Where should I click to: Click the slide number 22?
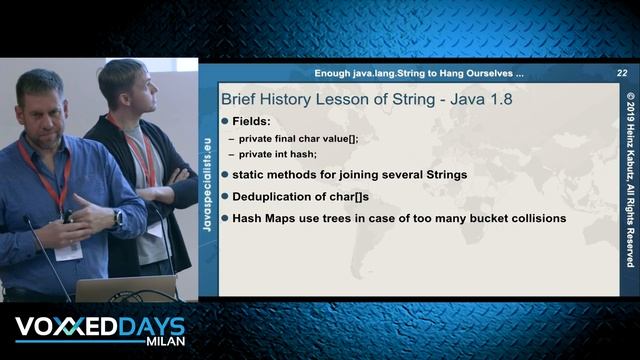622,73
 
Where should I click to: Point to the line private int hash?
278,154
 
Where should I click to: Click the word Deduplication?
283,196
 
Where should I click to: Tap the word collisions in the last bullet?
533,217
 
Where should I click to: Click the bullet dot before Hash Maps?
225,217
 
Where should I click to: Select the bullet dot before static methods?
225,175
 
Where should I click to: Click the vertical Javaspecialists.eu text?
207,180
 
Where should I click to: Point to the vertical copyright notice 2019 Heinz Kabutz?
630,180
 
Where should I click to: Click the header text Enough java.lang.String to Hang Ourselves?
419,73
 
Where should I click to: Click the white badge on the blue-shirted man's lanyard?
68,251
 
